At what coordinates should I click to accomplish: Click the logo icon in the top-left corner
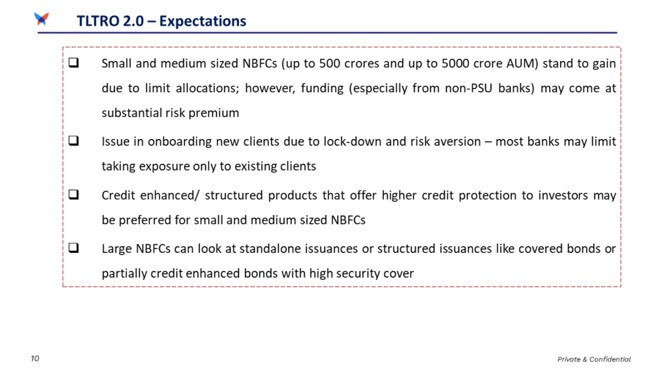coord(41,19)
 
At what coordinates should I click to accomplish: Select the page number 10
coord(34,359)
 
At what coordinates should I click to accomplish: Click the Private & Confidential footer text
coord(594,359)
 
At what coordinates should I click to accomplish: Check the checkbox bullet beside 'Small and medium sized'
coord(73,64)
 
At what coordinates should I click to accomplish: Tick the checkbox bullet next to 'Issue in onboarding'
coord(73,142)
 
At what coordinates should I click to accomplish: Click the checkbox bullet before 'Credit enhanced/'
coord(73,195)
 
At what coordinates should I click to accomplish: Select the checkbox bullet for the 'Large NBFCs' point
coord(73,249)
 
